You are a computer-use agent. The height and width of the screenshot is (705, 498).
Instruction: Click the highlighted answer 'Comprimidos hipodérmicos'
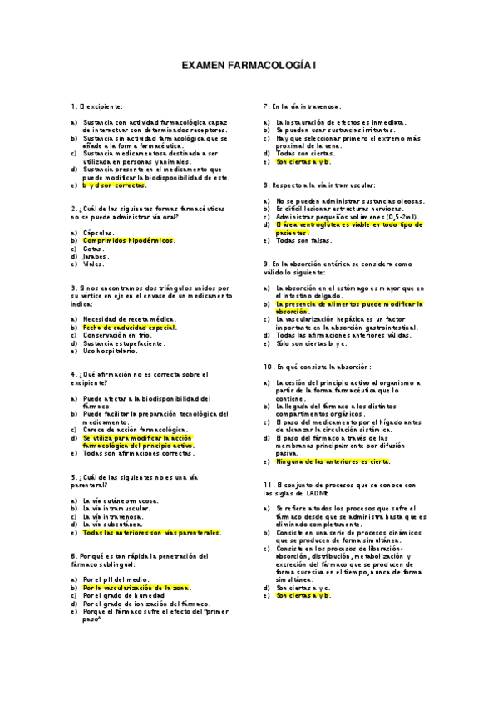tap(129, 239)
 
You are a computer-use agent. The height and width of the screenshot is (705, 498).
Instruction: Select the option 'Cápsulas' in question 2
tap(99, 232)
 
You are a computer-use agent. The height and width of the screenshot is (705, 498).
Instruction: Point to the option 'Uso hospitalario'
tap(111, 351)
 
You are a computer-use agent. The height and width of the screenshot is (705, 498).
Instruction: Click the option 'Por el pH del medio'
tap(116, 579)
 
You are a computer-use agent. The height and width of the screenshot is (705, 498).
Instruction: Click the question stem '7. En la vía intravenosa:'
tap(302, 106)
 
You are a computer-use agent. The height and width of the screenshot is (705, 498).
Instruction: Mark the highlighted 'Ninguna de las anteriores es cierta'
tap(333, 461)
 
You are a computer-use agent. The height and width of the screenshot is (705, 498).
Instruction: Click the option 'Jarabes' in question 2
tap(96, 256)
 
